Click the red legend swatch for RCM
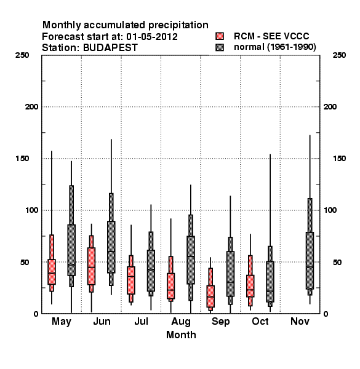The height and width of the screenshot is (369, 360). coord(220,36)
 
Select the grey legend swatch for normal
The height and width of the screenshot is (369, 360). coord(220,47)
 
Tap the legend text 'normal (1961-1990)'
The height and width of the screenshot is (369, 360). coord(274,47)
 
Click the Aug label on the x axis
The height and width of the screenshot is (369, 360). coord(181,322)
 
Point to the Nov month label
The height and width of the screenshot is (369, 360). coord(300,321)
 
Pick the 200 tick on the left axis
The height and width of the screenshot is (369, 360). coord(31,107)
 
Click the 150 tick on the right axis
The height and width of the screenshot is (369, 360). coord(339,159)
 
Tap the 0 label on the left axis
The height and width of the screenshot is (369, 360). coord(36,314)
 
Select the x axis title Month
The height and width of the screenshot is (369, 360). coord(181,335)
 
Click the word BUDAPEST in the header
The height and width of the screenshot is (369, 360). coord(110,48)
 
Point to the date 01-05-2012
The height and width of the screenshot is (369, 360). coord(152,37)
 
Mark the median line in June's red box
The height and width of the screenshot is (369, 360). coord(91,267)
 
